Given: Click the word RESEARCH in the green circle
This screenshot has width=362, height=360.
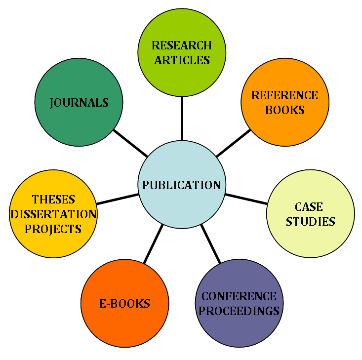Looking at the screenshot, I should coord(182,45).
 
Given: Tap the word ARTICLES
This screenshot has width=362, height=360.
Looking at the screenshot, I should coord(182,60).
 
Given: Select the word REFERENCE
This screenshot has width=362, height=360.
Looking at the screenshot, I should coord(284,95).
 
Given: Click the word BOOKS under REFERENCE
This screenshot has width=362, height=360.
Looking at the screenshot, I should coord(284,110).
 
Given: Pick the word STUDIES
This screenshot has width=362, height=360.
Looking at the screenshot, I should coord(310,221).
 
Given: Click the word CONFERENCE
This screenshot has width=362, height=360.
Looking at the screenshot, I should coord(239,296).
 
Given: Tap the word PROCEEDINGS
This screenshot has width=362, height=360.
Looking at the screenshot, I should coord(239,311).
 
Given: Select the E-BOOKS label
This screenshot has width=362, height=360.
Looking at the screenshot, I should coord(124,303).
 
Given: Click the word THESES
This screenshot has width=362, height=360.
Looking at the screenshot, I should coord(53,200).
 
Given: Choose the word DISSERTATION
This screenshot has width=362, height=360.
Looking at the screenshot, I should coord(53,214).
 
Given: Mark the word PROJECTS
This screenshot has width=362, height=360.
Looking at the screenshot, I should coord(53,229).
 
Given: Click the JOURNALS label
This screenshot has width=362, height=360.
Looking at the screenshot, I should coord(79,103).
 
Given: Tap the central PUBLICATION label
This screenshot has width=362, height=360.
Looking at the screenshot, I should coord(182,185).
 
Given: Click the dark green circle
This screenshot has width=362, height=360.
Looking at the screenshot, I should coord(79,123).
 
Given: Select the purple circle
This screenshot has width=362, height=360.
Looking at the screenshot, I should coord(239,328).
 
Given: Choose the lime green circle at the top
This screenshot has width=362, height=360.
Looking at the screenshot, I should coord(182,79).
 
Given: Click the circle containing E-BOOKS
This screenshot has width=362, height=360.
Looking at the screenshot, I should coord(124,326).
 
